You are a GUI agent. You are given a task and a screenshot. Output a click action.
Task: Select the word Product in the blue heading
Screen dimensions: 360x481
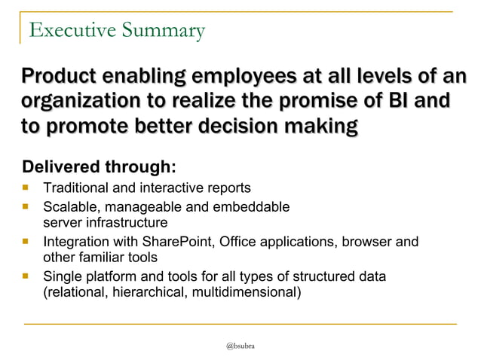pos(62,77)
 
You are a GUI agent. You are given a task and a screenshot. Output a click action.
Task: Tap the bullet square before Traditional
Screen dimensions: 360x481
pos(27,187)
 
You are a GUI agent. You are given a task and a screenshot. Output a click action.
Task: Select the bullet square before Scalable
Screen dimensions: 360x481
pos(27,205)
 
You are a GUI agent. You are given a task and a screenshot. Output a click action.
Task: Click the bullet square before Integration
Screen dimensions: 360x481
pos(27,241)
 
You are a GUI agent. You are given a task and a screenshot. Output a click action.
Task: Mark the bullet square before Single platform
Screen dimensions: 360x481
pos(27,276)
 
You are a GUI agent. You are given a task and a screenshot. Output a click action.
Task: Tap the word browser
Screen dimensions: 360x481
pos(367,242)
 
